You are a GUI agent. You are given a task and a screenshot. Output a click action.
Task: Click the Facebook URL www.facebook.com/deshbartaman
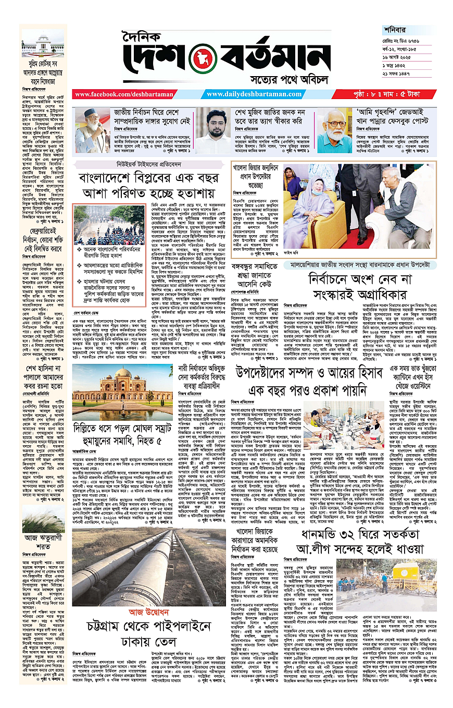tap(110, 94)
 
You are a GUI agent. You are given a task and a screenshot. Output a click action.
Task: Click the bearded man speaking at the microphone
tap(92, 130)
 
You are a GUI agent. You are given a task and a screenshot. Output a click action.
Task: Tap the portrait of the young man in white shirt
tap(212, 130)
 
